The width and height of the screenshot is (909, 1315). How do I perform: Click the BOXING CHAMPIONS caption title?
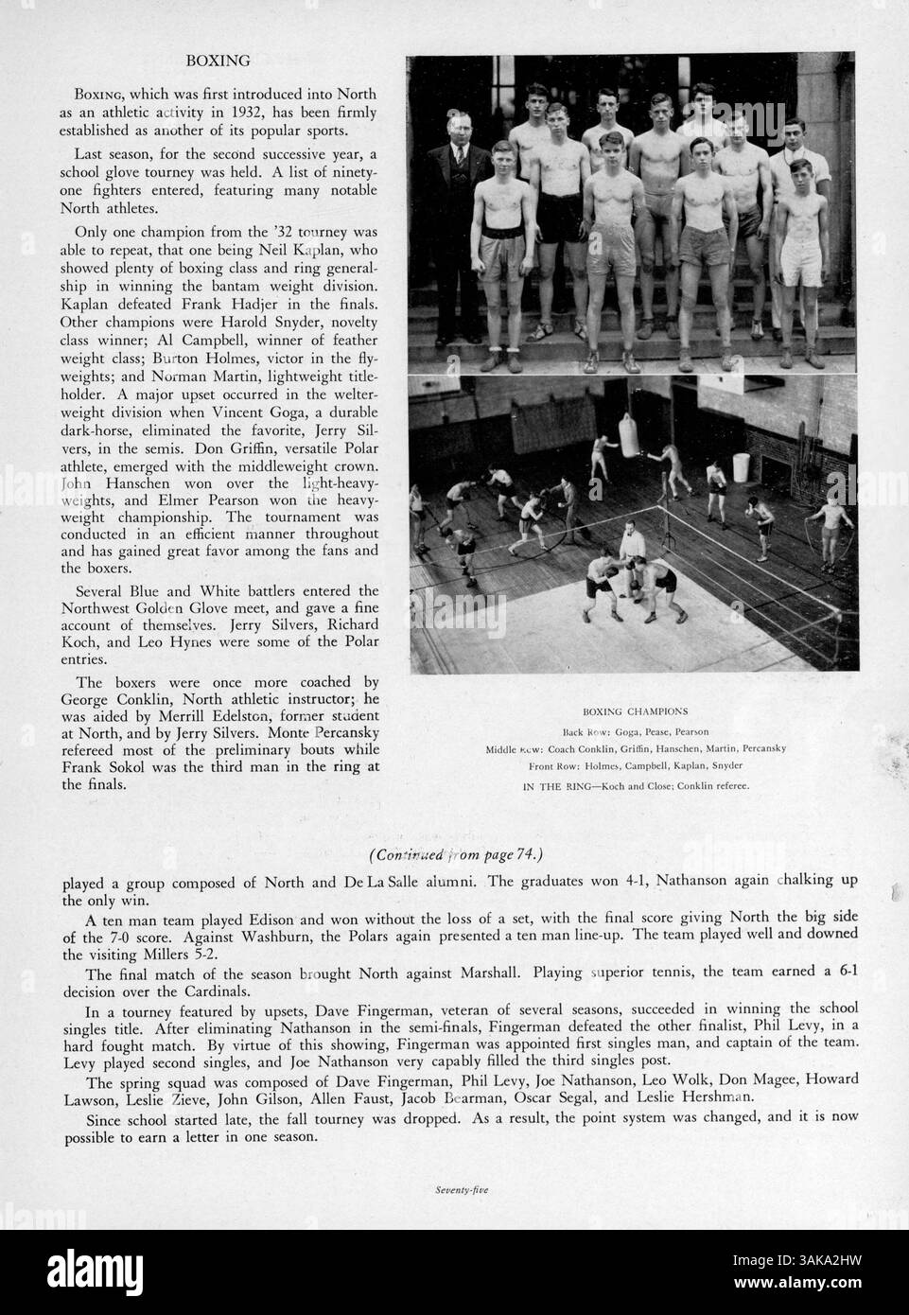click(636, 710)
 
